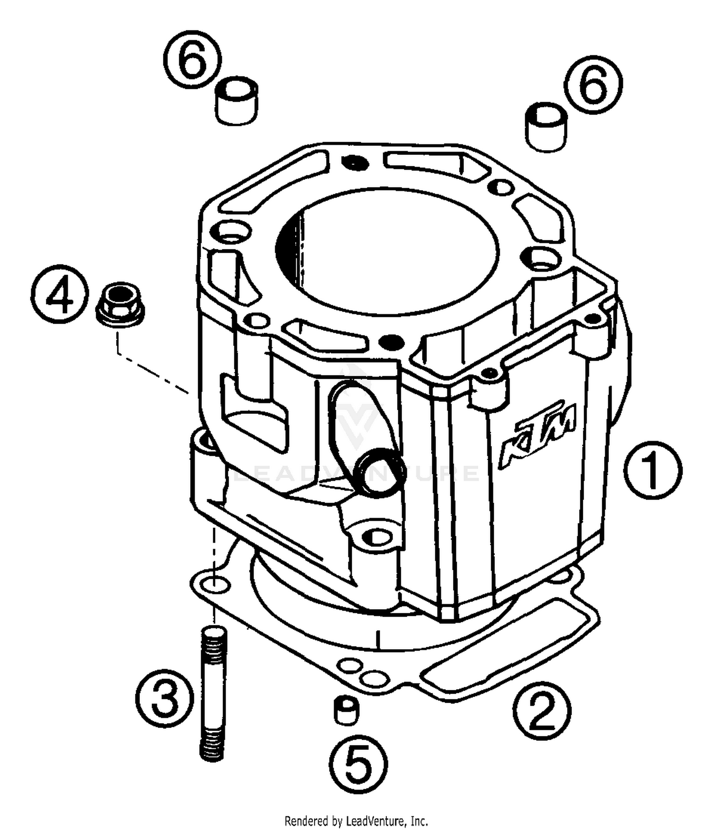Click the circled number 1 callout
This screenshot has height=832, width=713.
pos(652,470)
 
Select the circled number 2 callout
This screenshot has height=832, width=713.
pos(541,710)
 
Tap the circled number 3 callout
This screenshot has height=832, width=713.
pos(164,698)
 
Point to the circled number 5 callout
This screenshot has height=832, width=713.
pos(359,764)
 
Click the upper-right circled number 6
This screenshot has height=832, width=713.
pos(593,84)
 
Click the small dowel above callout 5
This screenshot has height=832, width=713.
pos(347,710)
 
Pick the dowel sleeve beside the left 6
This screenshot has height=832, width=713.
pos(236,101)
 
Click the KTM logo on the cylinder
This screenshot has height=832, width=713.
pos(538,434)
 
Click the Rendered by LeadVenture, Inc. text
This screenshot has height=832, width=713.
pos(356,821)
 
